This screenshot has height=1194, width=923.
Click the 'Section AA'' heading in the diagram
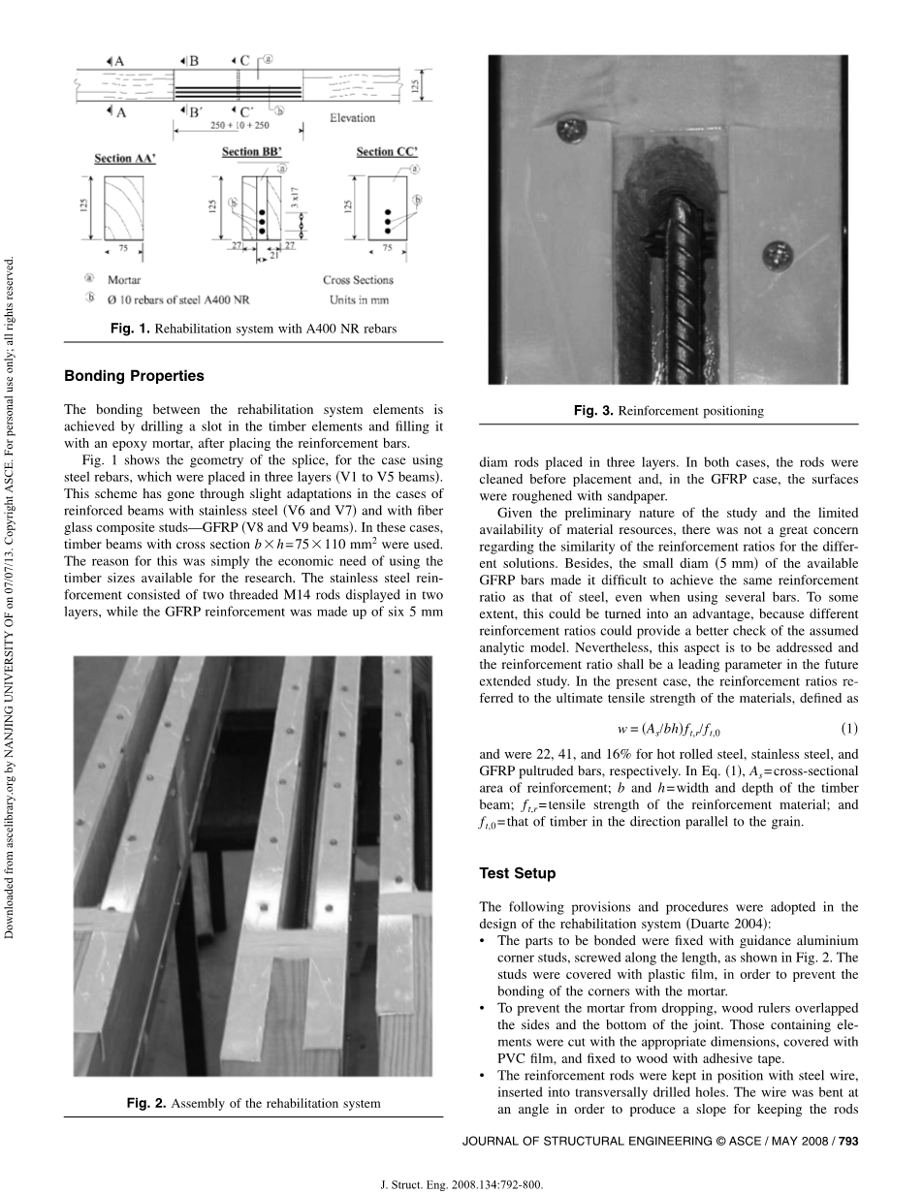pos(127,158)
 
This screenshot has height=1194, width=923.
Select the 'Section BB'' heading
pos(254,152)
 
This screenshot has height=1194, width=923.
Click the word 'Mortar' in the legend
pos(125,280)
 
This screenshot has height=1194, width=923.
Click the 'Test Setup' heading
pos(518,873)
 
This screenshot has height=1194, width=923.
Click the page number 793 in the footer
pos(848,1141)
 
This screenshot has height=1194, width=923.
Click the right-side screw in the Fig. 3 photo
pos(777,255)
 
